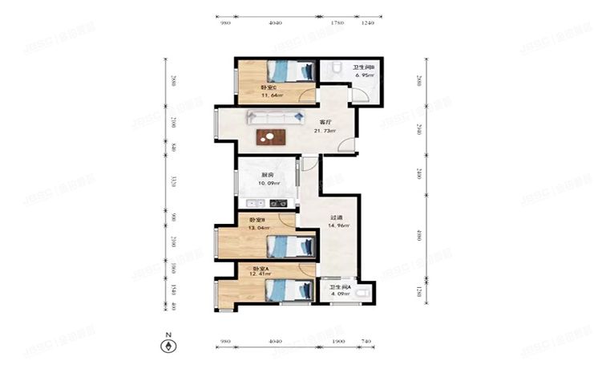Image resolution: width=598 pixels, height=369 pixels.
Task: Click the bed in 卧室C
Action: point(289,71)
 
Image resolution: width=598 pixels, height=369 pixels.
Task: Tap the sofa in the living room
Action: point(275,119)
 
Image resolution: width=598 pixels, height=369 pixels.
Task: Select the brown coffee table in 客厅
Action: point(271,137)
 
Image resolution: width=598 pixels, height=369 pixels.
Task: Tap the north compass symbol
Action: point(168,347)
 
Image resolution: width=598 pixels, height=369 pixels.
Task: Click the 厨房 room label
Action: point(267,176)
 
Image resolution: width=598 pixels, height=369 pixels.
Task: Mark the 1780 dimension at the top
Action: point(337,23)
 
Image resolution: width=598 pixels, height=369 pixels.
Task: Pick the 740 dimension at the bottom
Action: point(366,342)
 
